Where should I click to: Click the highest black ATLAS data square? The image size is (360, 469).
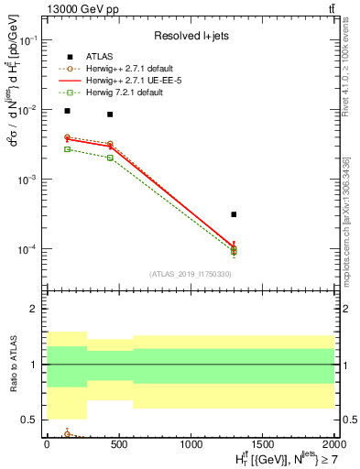click(67, 111)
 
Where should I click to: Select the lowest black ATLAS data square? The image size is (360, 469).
click(235, 214)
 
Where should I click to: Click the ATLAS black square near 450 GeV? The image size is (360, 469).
click(110, 115)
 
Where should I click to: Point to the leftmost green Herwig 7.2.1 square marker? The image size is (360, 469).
click(67, 148)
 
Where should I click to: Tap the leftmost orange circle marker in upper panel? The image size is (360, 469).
click(67, 137)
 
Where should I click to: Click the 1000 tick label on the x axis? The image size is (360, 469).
click(191, 443)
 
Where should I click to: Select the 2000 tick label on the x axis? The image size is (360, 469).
click(333, 443)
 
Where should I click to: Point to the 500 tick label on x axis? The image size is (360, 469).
click(118, 443)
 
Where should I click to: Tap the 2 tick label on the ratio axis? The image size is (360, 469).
click(33, 310)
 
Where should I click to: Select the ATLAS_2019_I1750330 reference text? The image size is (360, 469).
click(189, 274)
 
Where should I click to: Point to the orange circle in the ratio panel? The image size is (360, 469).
click(67, 433)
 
